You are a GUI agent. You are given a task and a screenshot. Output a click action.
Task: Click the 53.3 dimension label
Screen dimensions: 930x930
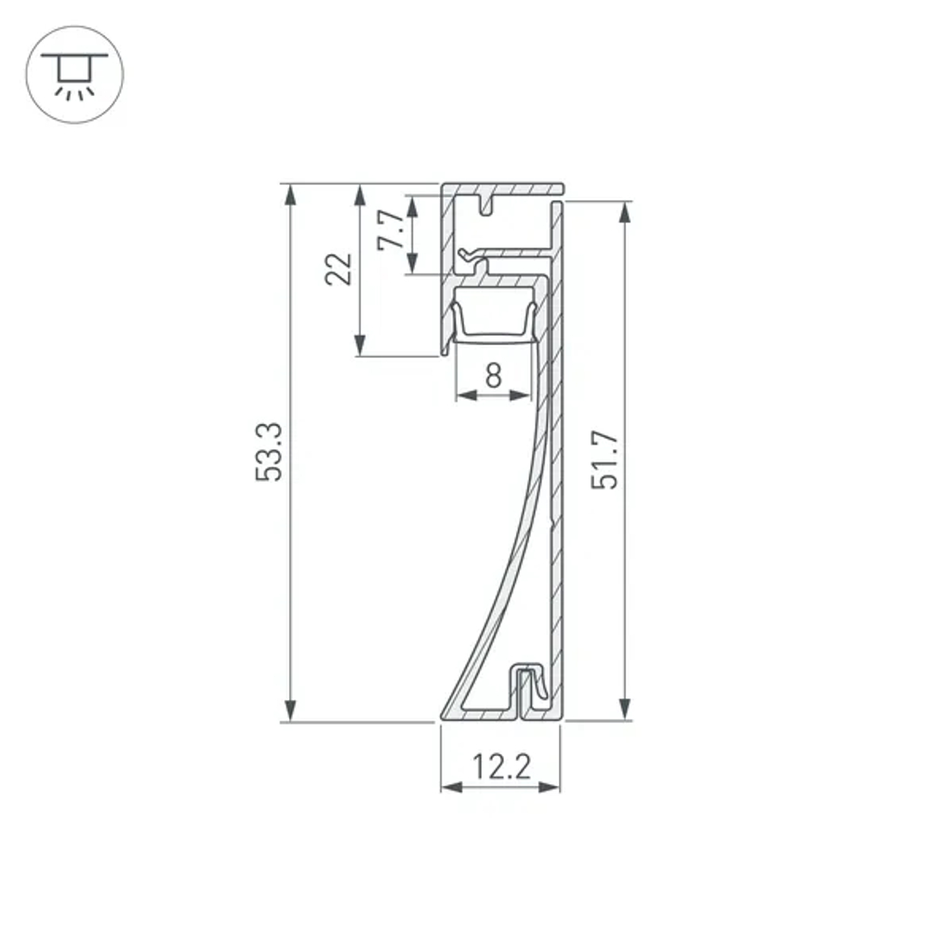(270, 453)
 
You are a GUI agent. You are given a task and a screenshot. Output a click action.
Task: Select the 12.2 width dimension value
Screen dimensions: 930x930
(500, 767)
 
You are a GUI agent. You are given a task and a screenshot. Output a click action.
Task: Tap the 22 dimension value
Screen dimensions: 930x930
(341, 269)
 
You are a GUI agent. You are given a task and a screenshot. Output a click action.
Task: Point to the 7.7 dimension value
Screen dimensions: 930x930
(391, 231)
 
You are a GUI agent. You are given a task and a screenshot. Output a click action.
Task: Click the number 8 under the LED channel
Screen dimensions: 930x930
(493, 376)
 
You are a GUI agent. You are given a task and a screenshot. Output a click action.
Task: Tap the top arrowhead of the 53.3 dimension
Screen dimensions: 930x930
(292, 193)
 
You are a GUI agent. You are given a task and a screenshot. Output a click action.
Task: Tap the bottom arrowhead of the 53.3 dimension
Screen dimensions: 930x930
(292, 711)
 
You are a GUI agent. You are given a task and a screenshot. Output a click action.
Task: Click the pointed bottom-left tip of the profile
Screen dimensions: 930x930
(441, 717)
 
